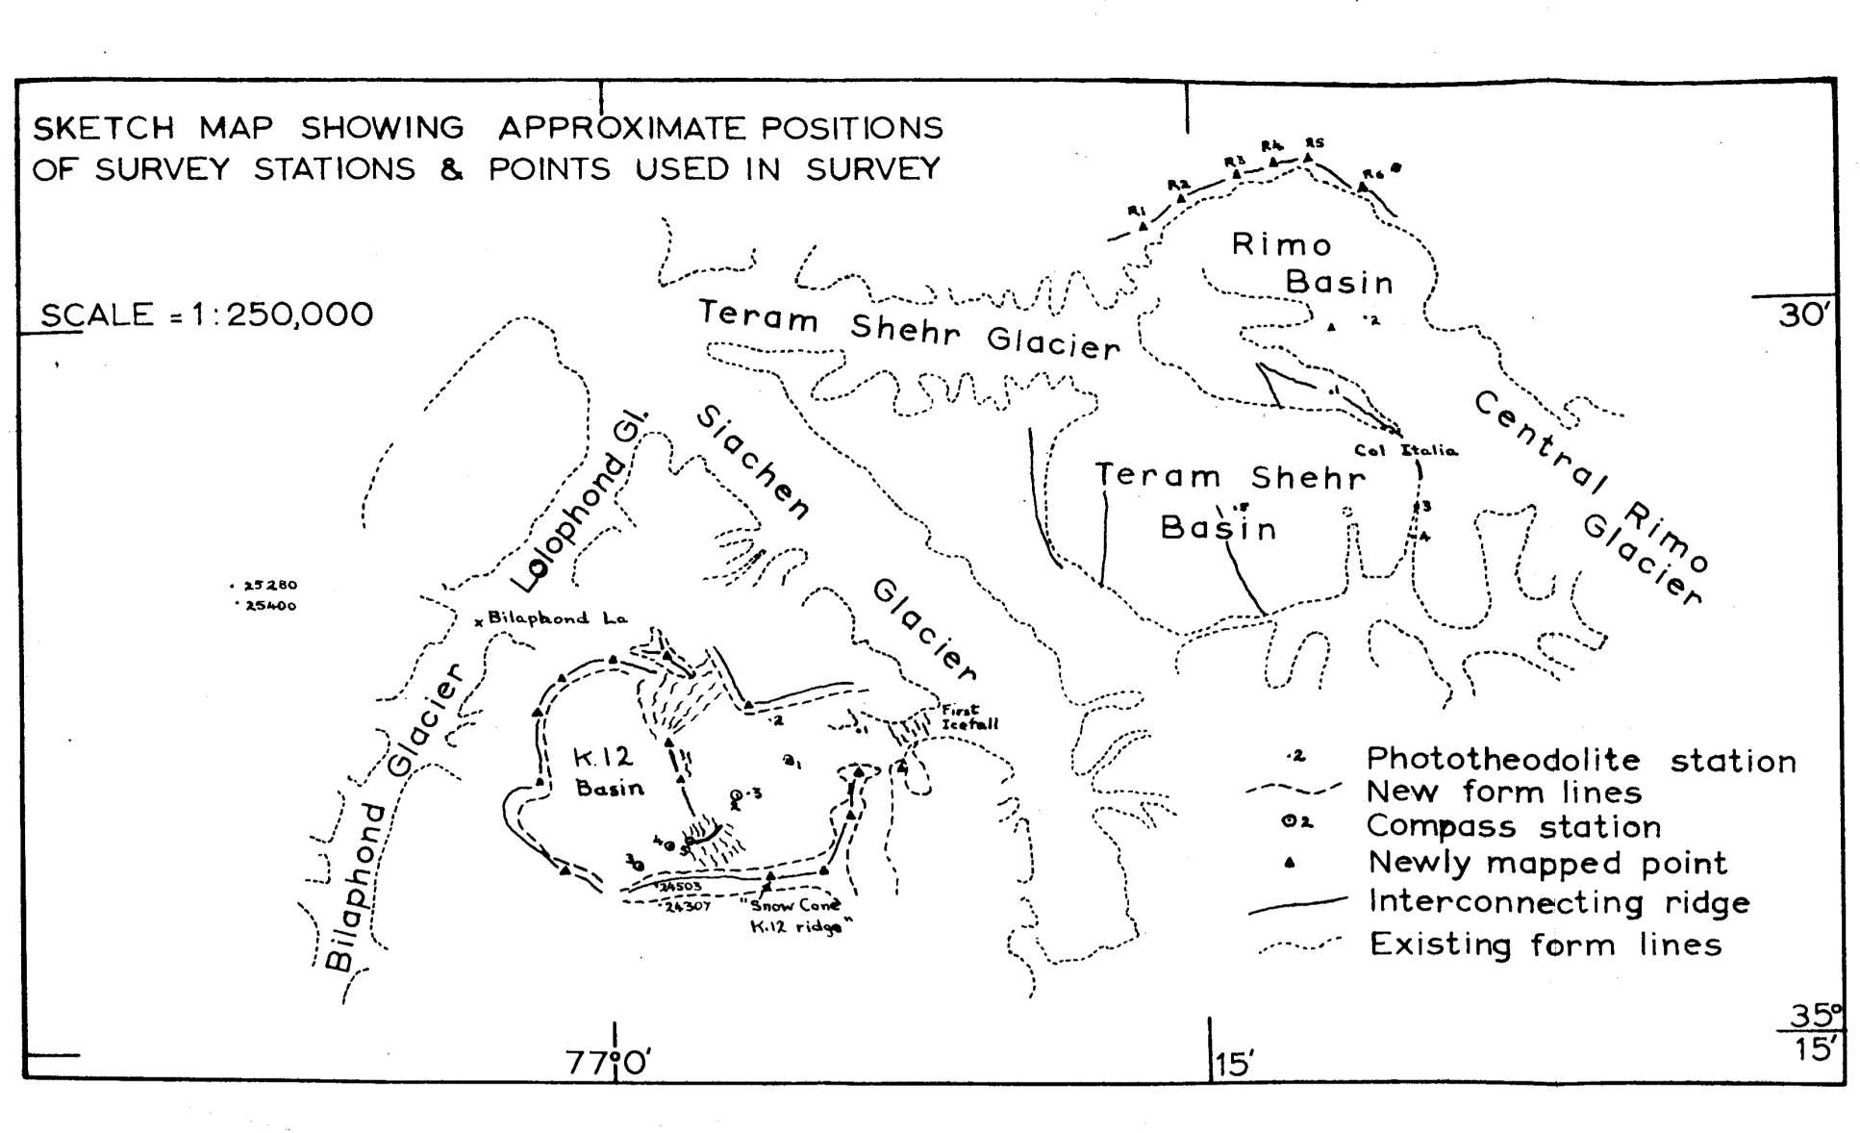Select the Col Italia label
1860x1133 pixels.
[x=1405, y=450]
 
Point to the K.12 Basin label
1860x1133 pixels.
[x=608, y=772]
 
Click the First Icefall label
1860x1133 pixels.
[x=968, y=718]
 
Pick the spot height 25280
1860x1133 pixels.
[x=269, y=585]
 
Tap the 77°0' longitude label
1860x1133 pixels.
[x=608, y=1063]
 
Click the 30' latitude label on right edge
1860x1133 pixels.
[x=1800, y=315]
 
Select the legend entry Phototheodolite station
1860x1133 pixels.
[x=1580, y=760]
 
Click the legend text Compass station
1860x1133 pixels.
[x=1513, y=826]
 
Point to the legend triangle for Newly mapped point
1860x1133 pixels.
[x=1291, y=863]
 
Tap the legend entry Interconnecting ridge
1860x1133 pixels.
[x=1558, y=902]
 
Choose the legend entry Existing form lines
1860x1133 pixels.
[x=1545, y=944]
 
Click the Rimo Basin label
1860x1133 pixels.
[x=1312, y=263]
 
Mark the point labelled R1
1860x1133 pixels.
[x=1143, y=225]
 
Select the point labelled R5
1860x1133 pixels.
[x=1308, y=157]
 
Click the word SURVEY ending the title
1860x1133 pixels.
[x=872, y=169]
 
